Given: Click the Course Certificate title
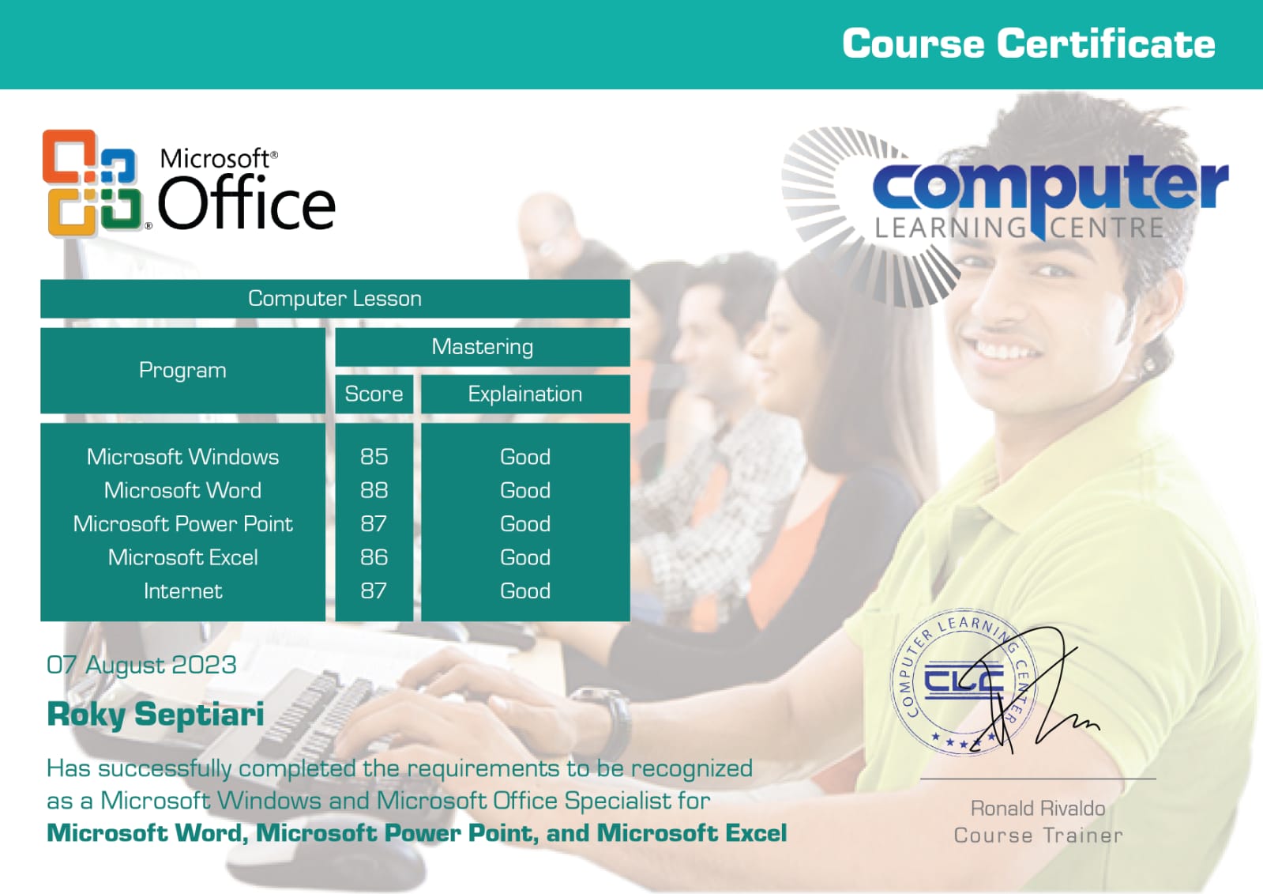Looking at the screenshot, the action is (x=1028, y=43).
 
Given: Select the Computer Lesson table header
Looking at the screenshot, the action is (x=335, y=299).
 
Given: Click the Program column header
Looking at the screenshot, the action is (x=182, y=370).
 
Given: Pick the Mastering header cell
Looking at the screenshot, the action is (x=483, y=346).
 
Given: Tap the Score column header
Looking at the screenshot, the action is (x=374, y=394).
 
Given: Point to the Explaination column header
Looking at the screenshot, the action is (x=525, y=394).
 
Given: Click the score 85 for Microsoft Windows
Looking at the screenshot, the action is (x=374, y=457).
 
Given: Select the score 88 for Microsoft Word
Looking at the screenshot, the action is (x=374, y=490).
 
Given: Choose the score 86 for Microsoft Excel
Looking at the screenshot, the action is (x=374, y=557).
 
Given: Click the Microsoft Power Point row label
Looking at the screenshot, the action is (x=182, y=524).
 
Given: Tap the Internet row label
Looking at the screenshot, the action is (x=182, y=591).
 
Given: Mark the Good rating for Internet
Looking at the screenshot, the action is (x=525, y=591).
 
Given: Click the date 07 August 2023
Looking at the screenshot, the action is (x=141, y=665).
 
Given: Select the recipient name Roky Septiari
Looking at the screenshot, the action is (x=156, y=715).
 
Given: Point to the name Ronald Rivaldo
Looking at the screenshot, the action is (x=1038, y=808).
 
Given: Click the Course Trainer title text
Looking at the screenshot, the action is (x=1039, y=835).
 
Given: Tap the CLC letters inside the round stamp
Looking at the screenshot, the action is (x=964, y=681).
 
